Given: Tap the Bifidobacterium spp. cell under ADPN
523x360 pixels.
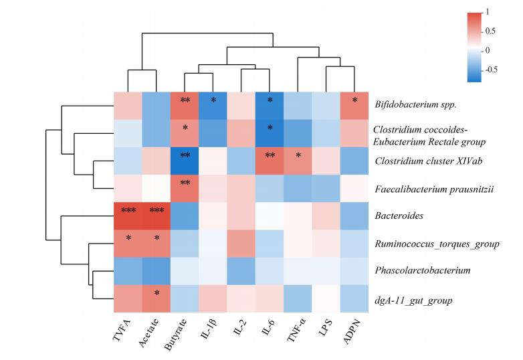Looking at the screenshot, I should coord(354,103).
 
